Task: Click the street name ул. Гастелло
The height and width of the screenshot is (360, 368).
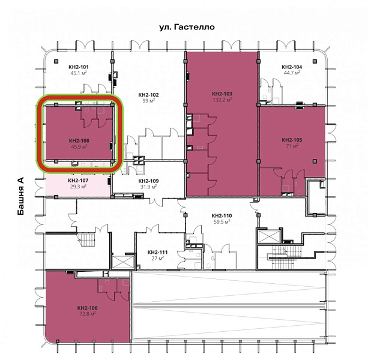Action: (x=187, y=27)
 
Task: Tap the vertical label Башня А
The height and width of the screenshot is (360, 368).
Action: (x=20, y=196)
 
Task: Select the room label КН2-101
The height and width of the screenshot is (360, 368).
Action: (x=79, y=67)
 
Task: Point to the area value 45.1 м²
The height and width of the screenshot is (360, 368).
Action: (x=79, y=73)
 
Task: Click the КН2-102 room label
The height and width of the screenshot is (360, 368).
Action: (x=148, y=95)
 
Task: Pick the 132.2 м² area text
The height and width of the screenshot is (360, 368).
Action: (x=222, y=100)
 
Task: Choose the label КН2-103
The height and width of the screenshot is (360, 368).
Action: (x=222, y=94)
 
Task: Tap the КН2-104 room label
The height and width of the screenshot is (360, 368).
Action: (x=292, y=67)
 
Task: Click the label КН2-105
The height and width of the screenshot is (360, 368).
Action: (x=292, y=140)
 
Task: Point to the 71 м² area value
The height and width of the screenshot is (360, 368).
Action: (x=292, y=146)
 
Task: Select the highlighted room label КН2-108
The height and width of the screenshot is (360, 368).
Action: (x=79, y=141)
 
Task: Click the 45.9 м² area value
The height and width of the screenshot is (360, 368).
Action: (x=79, y=147)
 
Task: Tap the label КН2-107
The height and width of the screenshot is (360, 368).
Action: (x=78, y=181)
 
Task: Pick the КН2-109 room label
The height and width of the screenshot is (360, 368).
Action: (x=148, y=181)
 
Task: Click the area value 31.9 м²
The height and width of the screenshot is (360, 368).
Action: (x=148, y=187)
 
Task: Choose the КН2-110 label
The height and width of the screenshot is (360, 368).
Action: (x=222, y=215)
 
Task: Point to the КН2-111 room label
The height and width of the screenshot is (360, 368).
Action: (x=157, y=253)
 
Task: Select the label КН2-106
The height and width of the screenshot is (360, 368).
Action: (x=87, y=308)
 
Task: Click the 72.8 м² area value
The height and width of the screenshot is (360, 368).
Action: (x=87, y=314)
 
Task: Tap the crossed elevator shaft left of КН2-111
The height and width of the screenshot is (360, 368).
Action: (x=123, y=262)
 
